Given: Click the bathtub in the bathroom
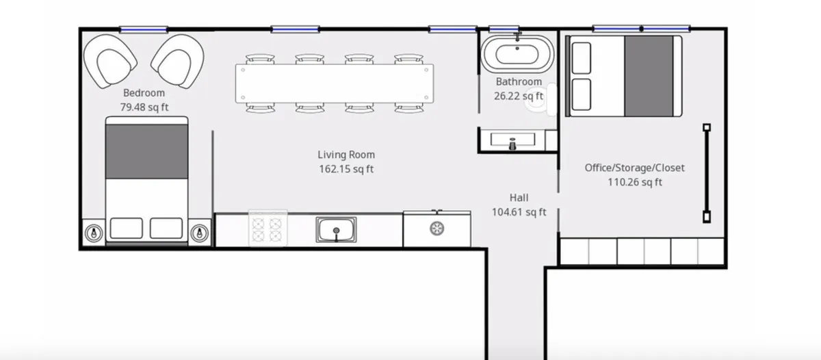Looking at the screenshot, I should coord(514,53).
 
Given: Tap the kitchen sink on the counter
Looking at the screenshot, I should coord(336,229).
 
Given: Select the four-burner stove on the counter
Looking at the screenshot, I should coord(268,229).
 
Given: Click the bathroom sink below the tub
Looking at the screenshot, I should coord(513,141).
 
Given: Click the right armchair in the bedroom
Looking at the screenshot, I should coord(178,62).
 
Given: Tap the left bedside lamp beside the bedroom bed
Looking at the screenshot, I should coord(94,233).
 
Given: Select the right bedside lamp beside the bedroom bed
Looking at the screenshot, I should coord(199,233).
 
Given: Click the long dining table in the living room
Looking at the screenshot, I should coord(334,83).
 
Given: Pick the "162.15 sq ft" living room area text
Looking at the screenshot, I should coord(346,168).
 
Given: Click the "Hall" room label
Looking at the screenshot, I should coord(519,198).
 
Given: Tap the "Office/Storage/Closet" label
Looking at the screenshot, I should coord(634,168).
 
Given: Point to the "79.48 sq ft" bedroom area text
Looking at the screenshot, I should coord(144,107).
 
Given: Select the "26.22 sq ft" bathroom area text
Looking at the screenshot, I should coord(518,96).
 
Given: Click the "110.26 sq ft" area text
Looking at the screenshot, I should coord(634,182).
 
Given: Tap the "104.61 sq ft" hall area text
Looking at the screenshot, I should coord(519,212).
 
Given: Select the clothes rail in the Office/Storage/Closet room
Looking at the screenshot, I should coord(706,172).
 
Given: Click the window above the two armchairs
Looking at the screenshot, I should coord(144,29).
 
